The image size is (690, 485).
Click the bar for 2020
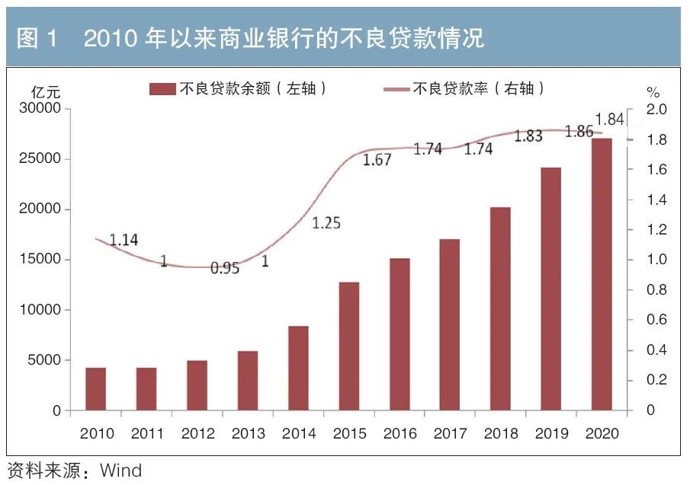click(x=602, y=274)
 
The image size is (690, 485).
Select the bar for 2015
click(x=348, y=346)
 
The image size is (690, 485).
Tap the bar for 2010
click(x=95, y=389)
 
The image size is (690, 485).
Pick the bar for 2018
click(x=500, y=308)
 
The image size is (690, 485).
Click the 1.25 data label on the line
click(x=326, y=223)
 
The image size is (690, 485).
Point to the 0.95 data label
click(x=225, y=268)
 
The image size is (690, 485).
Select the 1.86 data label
click(x=579, y=131)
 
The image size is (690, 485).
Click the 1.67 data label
click(x=377, y=160)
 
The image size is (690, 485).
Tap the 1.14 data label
click(x=124, y=240)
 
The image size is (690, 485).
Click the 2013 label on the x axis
click(x=248, y=433)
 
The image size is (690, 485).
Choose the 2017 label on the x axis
click(x=450, y=433)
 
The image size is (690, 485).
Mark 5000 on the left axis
click(x=44, y=360)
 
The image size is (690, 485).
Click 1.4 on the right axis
click(x=655, y=199)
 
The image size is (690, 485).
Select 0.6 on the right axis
click(x=655, y=320)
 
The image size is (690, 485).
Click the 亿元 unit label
click(x=45, y=92)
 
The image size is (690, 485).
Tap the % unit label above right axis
click(x=653, y=93)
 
